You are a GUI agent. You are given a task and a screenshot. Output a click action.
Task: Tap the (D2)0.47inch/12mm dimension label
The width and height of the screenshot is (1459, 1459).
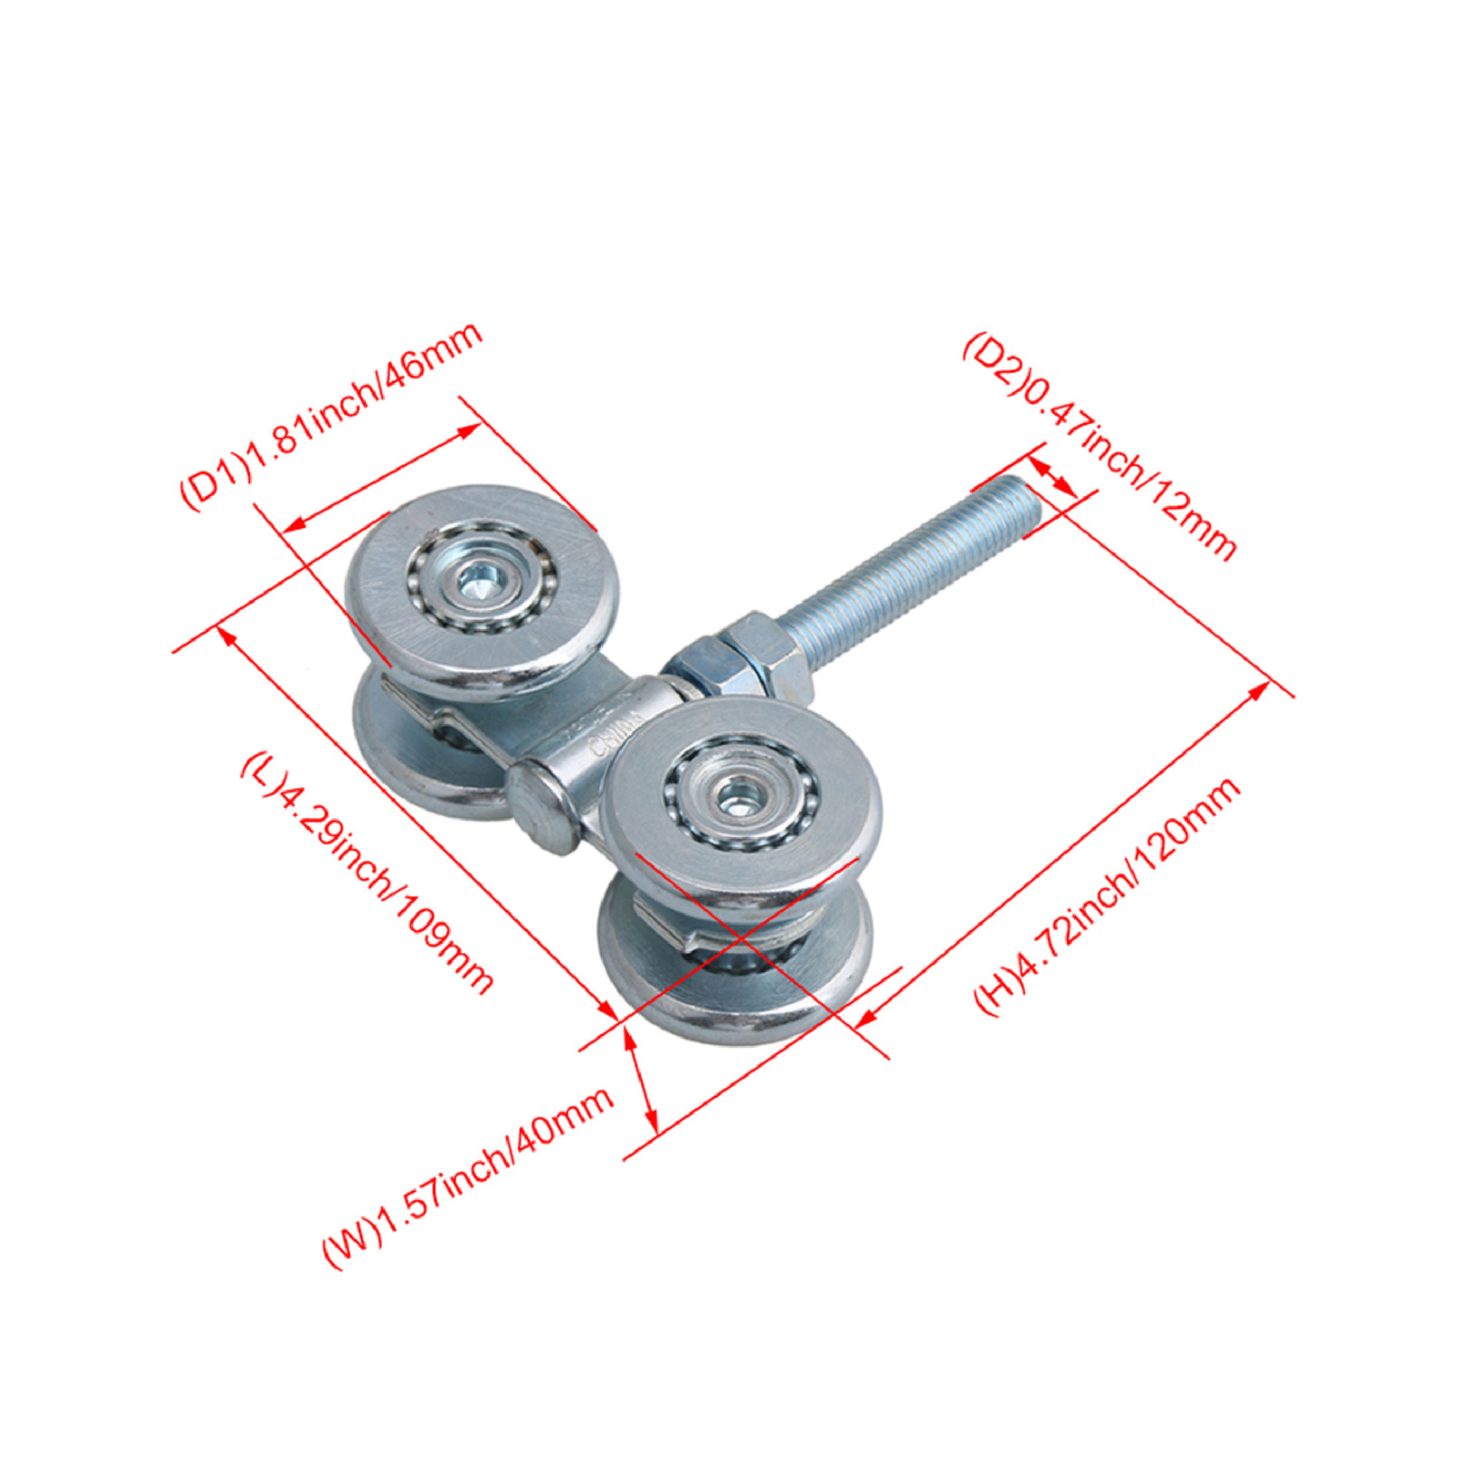point(1099,445)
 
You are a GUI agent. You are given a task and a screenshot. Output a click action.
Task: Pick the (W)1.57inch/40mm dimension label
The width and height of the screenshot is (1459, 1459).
point(468,1176)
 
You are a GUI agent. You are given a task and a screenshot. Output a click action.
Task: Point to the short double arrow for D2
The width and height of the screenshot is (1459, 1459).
point(1053,477)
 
